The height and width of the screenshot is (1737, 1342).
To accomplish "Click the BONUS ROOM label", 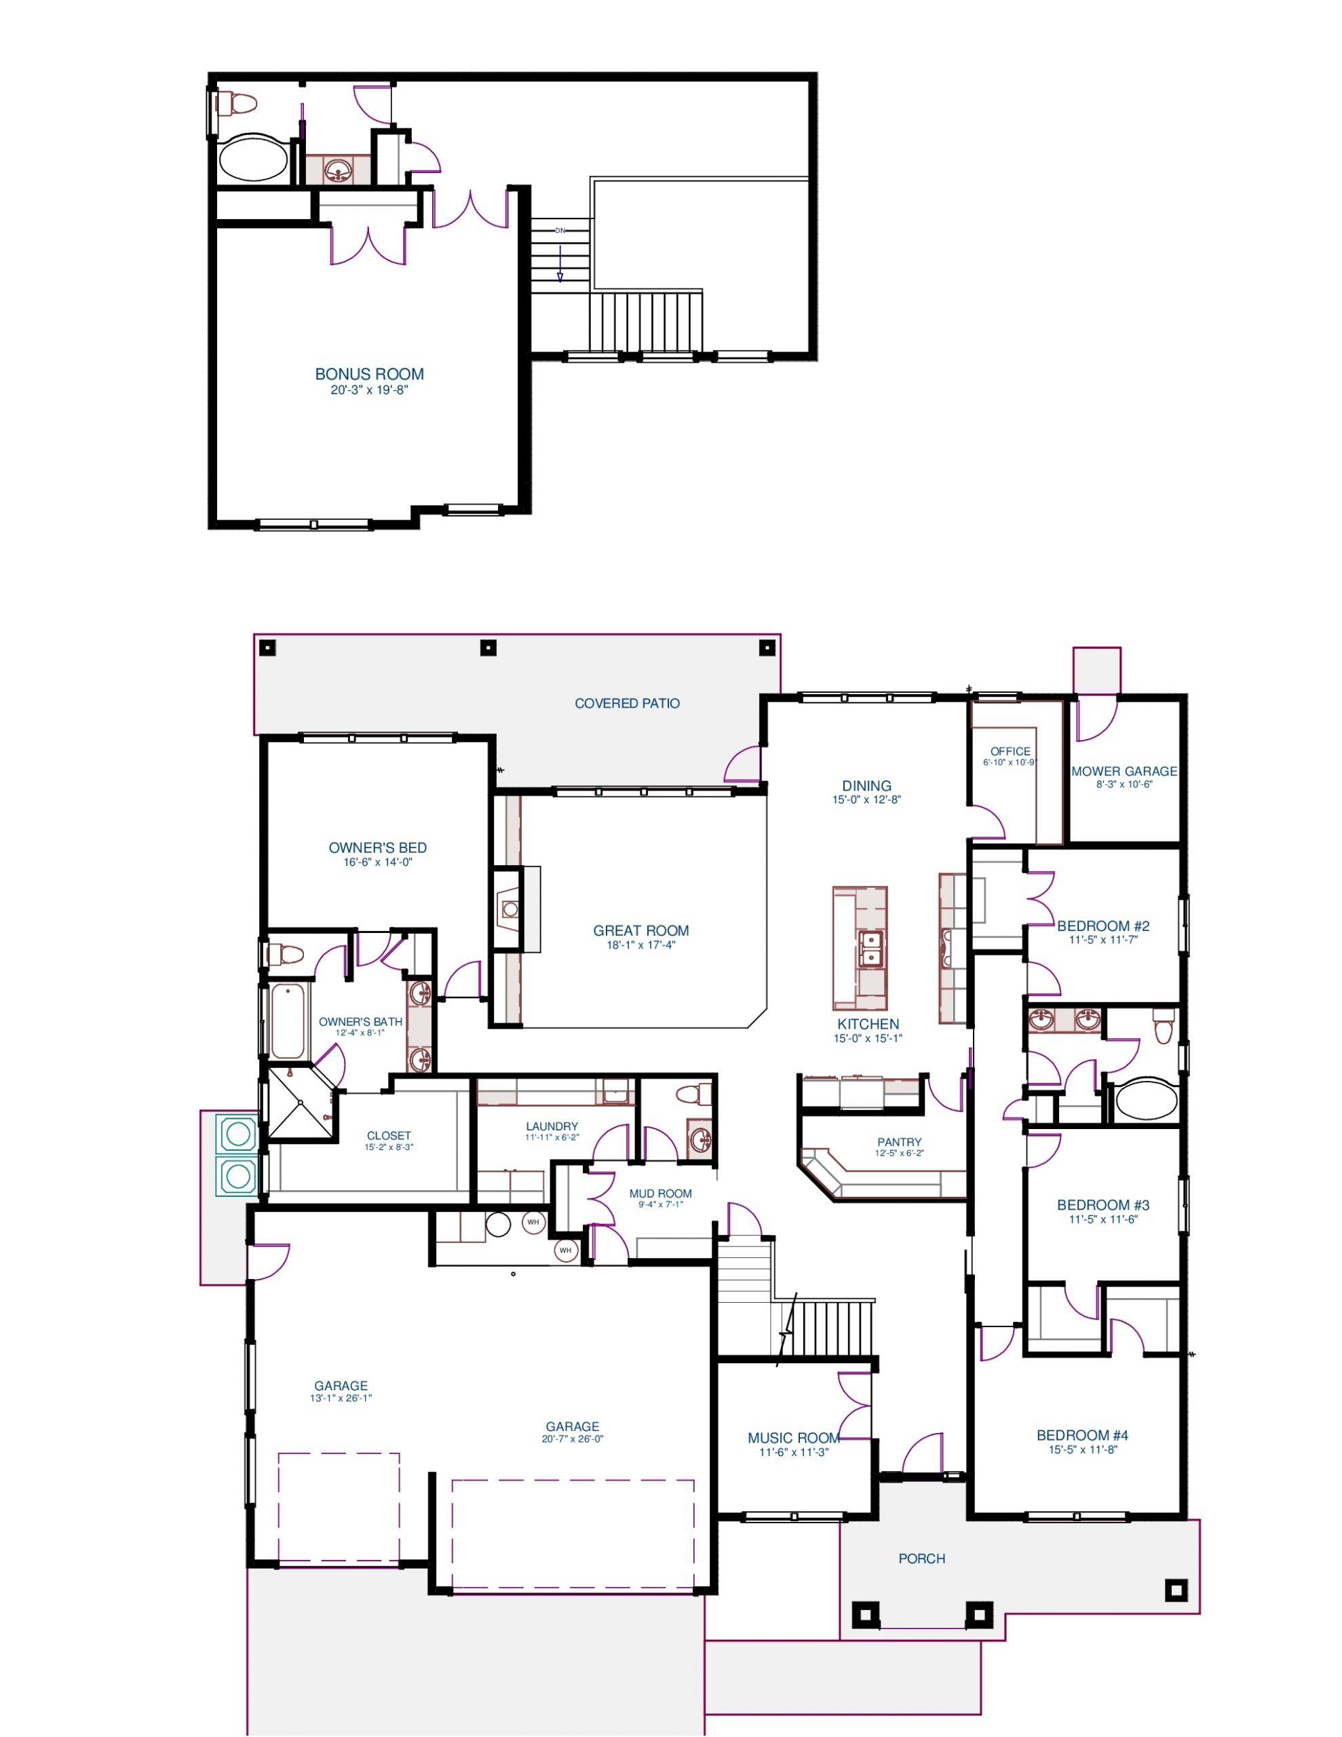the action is click(x=369, y=374).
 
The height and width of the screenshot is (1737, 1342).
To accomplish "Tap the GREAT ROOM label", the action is click(x=640, y=930).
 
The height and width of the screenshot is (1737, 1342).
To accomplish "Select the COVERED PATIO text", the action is click(x=627, y=703).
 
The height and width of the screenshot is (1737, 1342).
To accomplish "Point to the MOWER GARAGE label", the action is click(x=1124, y=771).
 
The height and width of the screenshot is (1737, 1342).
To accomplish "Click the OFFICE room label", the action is click(x=1010, y=751).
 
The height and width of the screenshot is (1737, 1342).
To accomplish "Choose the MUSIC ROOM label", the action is click(x=793, y=1438).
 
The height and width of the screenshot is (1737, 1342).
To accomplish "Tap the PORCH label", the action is click(x=922, y=1559).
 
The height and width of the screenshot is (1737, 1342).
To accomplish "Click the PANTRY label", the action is click(x=899, y=1142).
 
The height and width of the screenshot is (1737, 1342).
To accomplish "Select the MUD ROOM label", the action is click(x=660, y=1194).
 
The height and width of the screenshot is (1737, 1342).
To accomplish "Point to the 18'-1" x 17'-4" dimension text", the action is click(x=640, y=945).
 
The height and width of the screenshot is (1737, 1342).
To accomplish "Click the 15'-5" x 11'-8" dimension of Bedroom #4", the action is click(x=1083, y=1449).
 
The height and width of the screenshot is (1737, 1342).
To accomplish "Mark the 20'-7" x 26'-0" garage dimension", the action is click(x=572, y=1438).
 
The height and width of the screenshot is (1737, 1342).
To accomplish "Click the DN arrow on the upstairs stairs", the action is click(x=560, y=263).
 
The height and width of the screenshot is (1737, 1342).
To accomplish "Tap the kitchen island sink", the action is click(x=871, y=948).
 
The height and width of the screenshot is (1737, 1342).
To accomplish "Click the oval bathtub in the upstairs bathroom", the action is click(x=253, y=158).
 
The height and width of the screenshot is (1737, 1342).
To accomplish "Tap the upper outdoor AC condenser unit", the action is click(x=238, y=1133).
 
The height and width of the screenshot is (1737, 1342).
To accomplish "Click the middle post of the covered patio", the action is click(x=488, y=647).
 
